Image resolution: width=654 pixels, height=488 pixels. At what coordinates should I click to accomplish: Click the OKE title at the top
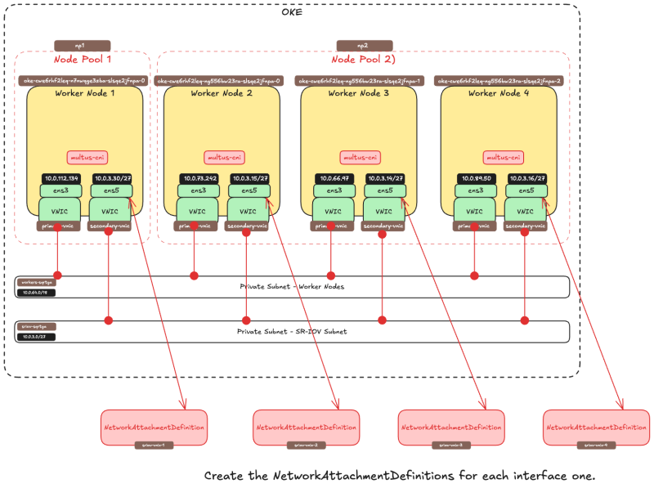pyautogui.click(x=293, y=12)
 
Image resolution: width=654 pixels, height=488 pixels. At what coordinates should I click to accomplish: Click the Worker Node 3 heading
pyautogui.click(x=358, y=94)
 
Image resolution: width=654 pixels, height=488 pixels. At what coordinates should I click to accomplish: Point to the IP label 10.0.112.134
pyautogui.click(x=62, y=178)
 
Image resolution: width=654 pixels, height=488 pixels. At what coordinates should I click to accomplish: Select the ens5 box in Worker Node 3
pyautogui.click(x=383, y=190)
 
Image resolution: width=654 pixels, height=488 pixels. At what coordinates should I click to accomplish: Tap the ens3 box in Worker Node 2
pyautogui.click(x=197, y=190)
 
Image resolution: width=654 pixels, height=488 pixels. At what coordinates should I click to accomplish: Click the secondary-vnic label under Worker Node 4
pyautogui.click(x=523, y=226)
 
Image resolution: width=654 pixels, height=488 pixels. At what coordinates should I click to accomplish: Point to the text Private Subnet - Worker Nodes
pyautogui.click(x=292, y=287)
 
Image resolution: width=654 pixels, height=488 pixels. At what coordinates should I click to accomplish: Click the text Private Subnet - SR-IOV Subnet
pyautogui.click(x=292, y=332)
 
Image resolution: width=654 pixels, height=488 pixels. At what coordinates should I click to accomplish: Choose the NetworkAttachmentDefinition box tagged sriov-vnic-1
pyautogui.click(x=154, y=427)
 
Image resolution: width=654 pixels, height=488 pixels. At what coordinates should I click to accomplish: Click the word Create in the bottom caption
pyautogui.click(x=222, y=475)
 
